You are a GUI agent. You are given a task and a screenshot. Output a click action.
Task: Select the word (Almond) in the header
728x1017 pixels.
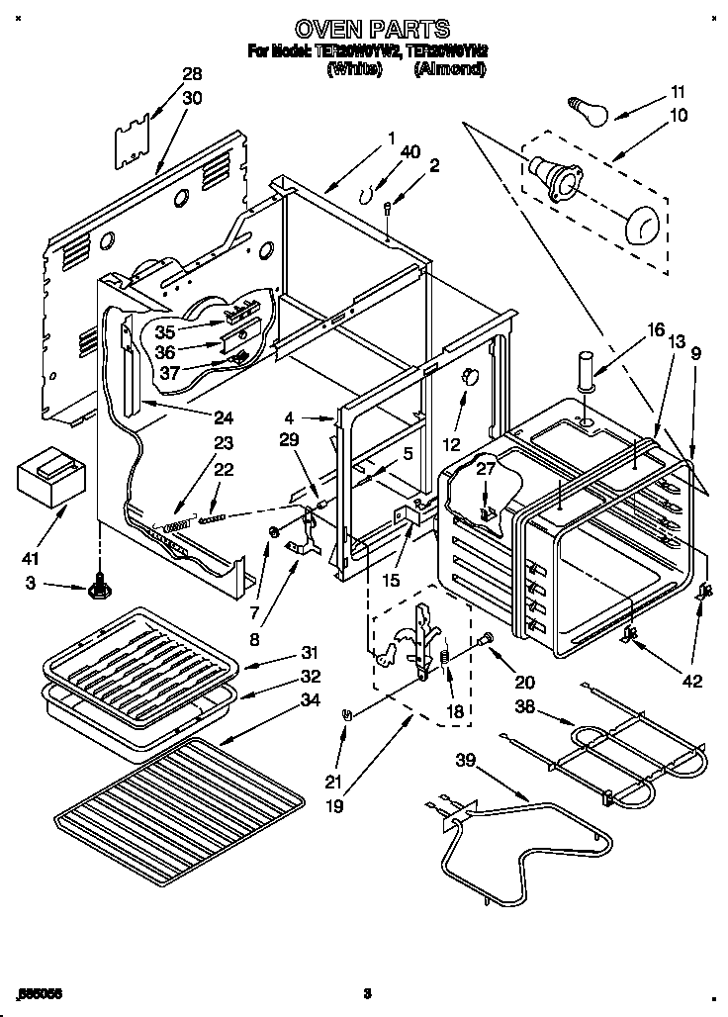(x=450, y=69)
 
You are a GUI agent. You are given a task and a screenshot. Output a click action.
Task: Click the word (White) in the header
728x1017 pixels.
(x=353, y=69)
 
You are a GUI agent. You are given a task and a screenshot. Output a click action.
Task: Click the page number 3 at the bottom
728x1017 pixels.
(x=365, y=992)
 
